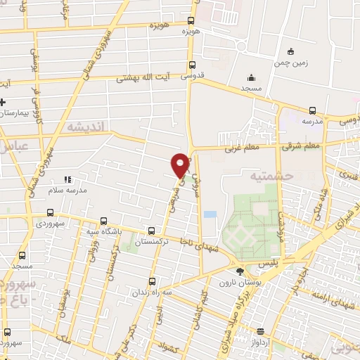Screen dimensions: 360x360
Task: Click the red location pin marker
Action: click(181, 164)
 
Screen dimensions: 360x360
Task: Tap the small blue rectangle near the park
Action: click(210, 214)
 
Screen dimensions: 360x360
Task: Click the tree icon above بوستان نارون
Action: click(240, 271)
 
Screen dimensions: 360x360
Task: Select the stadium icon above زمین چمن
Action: click(290, 51)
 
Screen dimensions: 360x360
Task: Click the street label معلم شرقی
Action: click(300, 147)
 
